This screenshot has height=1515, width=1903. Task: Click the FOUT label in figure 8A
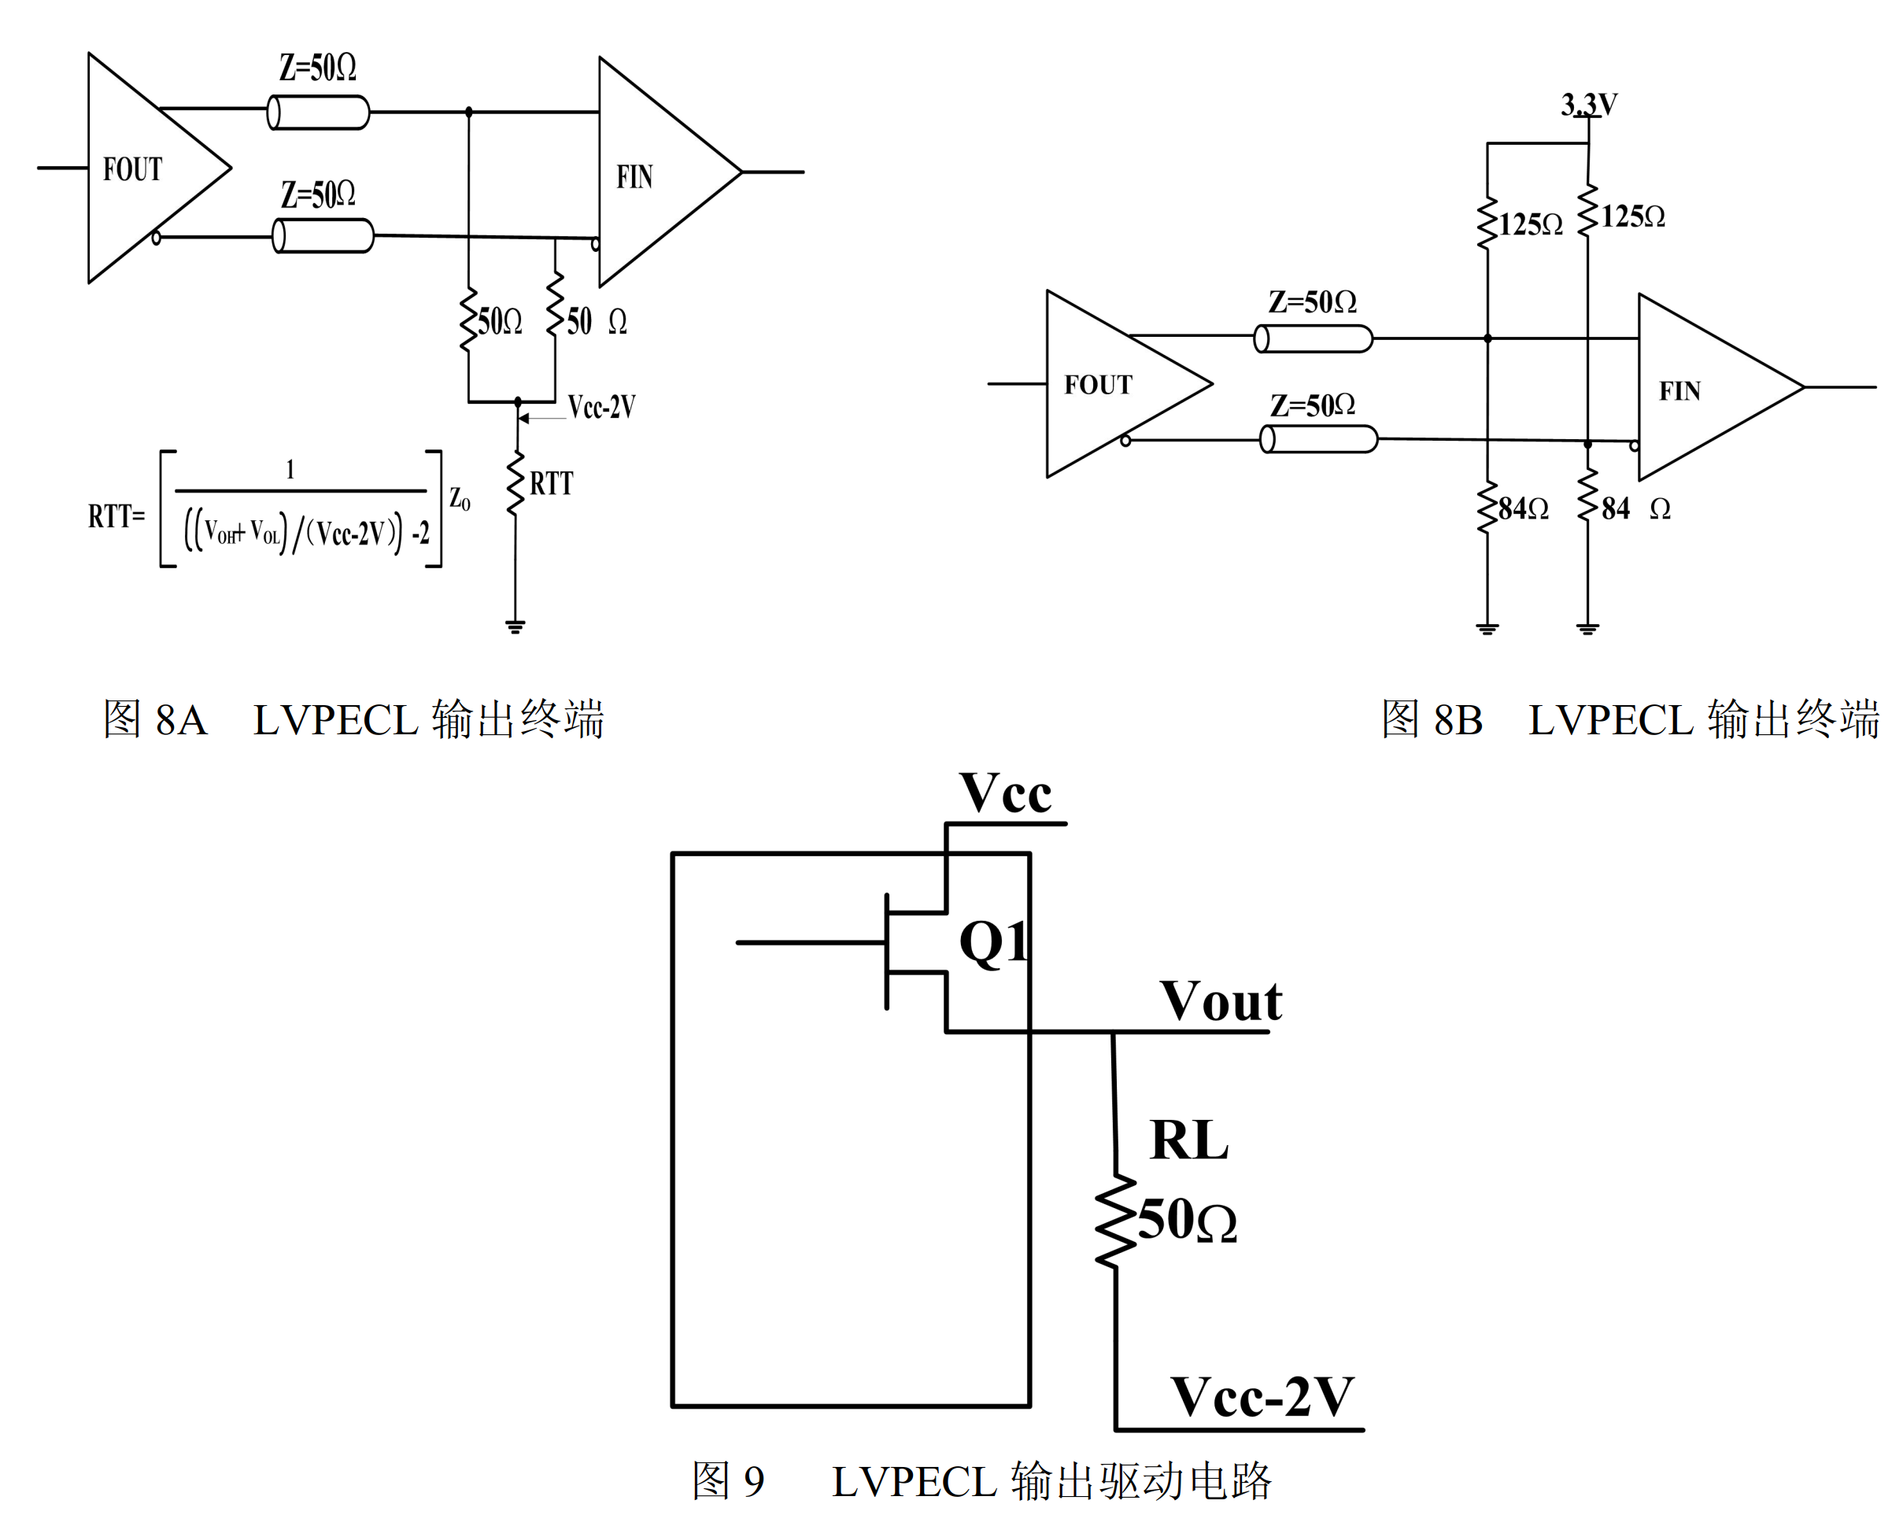tap(132, 168)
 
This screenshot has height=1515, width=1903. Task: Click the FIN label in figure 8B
tap(1679, 390)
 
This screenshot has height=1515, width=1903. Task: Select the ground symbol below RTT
tap(515, 626)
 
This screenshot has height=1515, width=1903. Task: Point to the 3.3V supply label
tap(1589, 105)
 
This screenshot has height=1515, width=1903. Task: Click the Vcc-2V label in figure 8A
tap(601, 406)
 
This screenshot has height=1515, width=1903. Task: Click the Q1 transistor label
tap(992, 941)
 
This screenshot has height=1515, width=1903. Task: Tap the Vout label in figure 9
tap(1221, 1001)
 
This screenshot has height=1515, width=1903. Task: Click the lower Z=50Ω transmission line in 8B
tap(1319, 439)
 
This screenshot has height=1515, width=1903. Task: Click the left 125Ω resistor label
tap(1530, 224)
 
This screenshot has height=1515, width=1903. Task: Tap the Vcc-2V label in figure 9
tap(1262, 1398)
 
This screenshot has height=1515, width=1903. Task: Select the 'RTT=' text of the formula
tap(116, 515)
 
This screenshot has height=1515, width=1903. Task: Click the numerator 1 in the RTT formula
tap(290, 469)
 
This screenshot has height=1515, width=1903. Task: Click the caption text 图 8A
tap(155, 719)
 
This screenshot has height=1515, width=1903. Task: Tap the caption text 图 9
tap(727, 1480)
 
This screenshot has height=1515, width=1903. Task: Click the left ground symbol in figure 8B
tap(1487, 629)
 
